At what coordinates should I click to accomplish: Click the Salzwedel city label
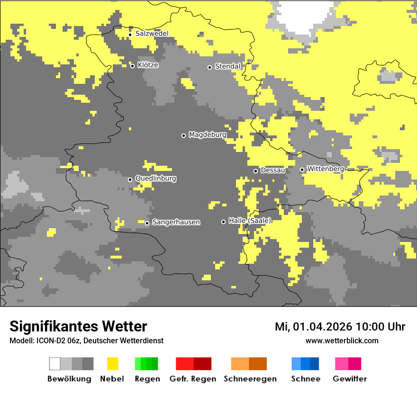click(x=152, y=34)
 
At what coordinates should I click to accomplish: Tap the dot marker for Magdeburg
click(x=183, y=135)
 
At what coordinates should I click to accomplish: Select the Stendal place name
click(x=228, y=66)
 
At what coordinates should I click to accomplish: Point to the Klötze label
click(x=148, y=65)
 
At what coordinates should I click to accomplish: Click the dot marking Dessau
click(x=255, y=171)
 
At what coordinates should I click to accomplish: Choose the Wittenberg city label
click(x=325, y=169)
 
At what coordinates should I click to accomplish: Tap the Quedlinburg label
click(x=155, y=179)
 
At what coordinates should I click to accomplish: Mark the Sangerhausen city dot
click(x=147, y=223)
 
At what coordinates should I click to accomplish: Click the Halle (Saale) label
click(x=250, y=221)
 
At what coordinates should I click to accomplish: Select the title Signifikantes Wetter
click(x=78, y=326)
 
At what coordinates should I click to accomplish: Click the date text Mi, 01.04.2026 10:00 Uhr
click(x=340, y=327)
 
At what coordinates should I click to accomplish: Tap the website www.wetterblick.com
click(x=342, y=340)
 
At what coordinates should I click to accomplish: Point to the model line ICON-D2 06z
click(x=86, y=340)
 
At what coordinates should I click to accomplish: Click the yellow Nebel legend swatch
click(x=112, y=364)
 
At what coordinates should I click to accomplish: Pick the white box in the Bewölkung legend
click(x=55, y=364)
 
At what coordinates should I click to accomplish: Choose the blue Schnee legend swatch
click(x=305, y=364)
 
